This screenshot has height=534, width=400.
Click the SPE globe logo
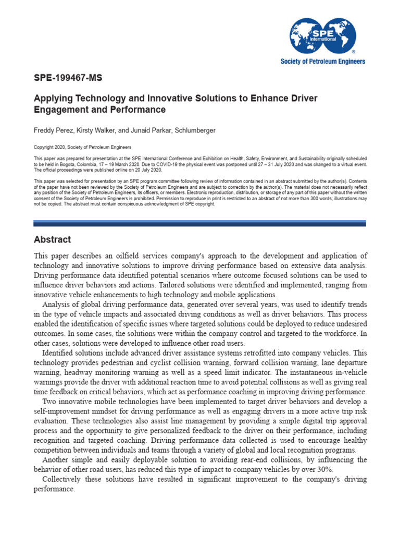click(x=322, y=35)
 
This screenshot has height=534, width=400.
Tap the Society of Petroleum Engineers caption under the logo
click(x=323, y=62)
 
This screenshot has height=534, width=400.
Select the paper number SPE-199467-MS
click(x=68, y=79)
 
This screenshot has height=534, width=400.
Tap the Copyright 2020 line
click(x=82, y=148)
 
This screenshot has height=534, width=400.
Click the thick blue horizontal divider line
click(x=199, y=223)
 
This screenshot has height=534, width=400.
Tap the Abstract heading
click(x=52, y=240)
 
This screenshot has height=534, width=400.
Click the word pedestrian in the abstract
click(x=124, y=362)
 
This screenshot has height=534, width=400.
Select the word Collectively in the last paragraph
click(x=63, y=479)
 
